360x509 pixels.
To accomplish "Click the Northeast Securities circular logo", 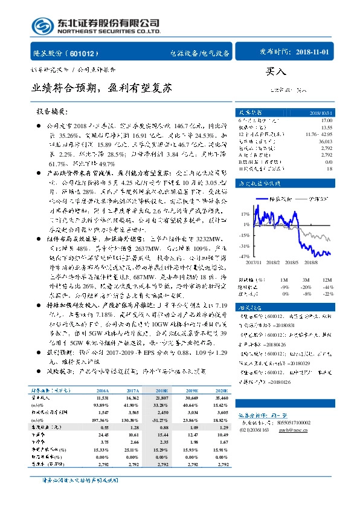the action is [42, 25].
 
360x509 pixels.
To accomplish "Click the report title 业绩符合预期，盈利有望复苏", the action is [102, 88].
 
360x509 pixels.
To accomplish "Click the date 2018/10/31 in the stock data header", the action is [321, 112].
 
